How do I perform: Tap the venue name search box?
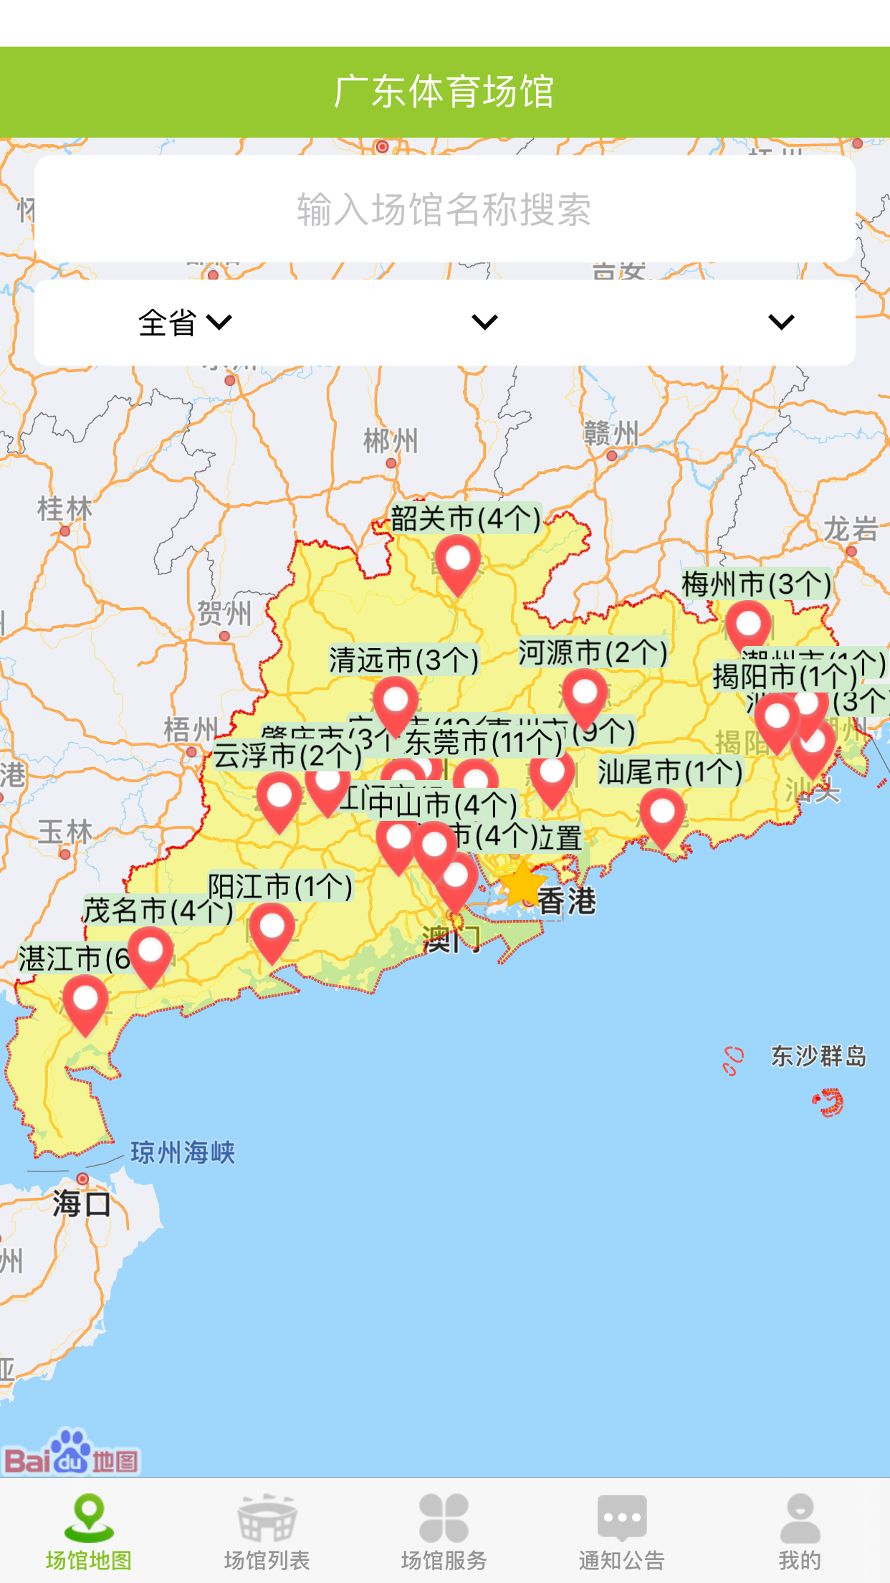(x=444, y=209)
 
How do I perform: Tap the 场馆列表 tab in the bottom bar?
(x=267, y=1531)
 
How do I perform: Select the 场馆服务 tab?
(x=444, y=1531)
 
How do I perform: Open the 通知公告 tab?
(x=622, y=1531)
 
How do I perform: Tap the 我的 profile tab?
(x=800, y=1531)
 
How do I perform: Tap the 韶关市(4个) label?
(x=465, y=518)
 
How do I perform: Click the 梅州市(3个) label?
(x=756, y=584)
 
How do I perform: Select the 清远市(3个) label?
(x=403, y=660)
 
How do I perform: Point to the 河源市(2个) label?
(x=593, y=652)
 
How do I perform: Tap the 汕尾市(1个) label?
(x=670, y=772)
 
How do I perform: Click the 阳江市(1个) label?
(x=280, y=887)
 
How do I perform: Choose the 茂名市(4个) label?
(x=158, y=911)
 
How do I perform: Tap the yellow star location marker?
(x=522, y=885)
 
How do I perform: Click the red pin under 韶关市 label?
(x=458, y=561)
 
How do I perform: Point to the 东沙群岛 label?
(x=818, y=1056)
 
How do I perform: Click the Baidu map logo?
(x=72, y=1454)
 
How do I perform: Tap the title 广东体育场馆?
(x=444, y=92)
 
